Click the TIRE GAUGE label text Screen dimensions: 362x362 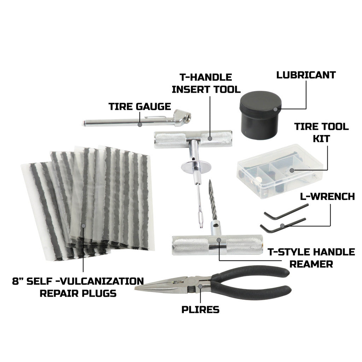(x=140, y=106)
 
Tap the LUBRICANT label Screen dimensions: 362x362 (x=306, y=75)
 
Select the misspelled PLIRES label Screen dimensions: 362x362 (x=200, y=310)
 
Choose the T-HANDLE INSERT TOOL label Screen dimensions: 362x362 (x=206, y=83)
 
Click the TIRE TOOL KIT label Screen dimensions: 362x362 (x=321, y=132)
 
